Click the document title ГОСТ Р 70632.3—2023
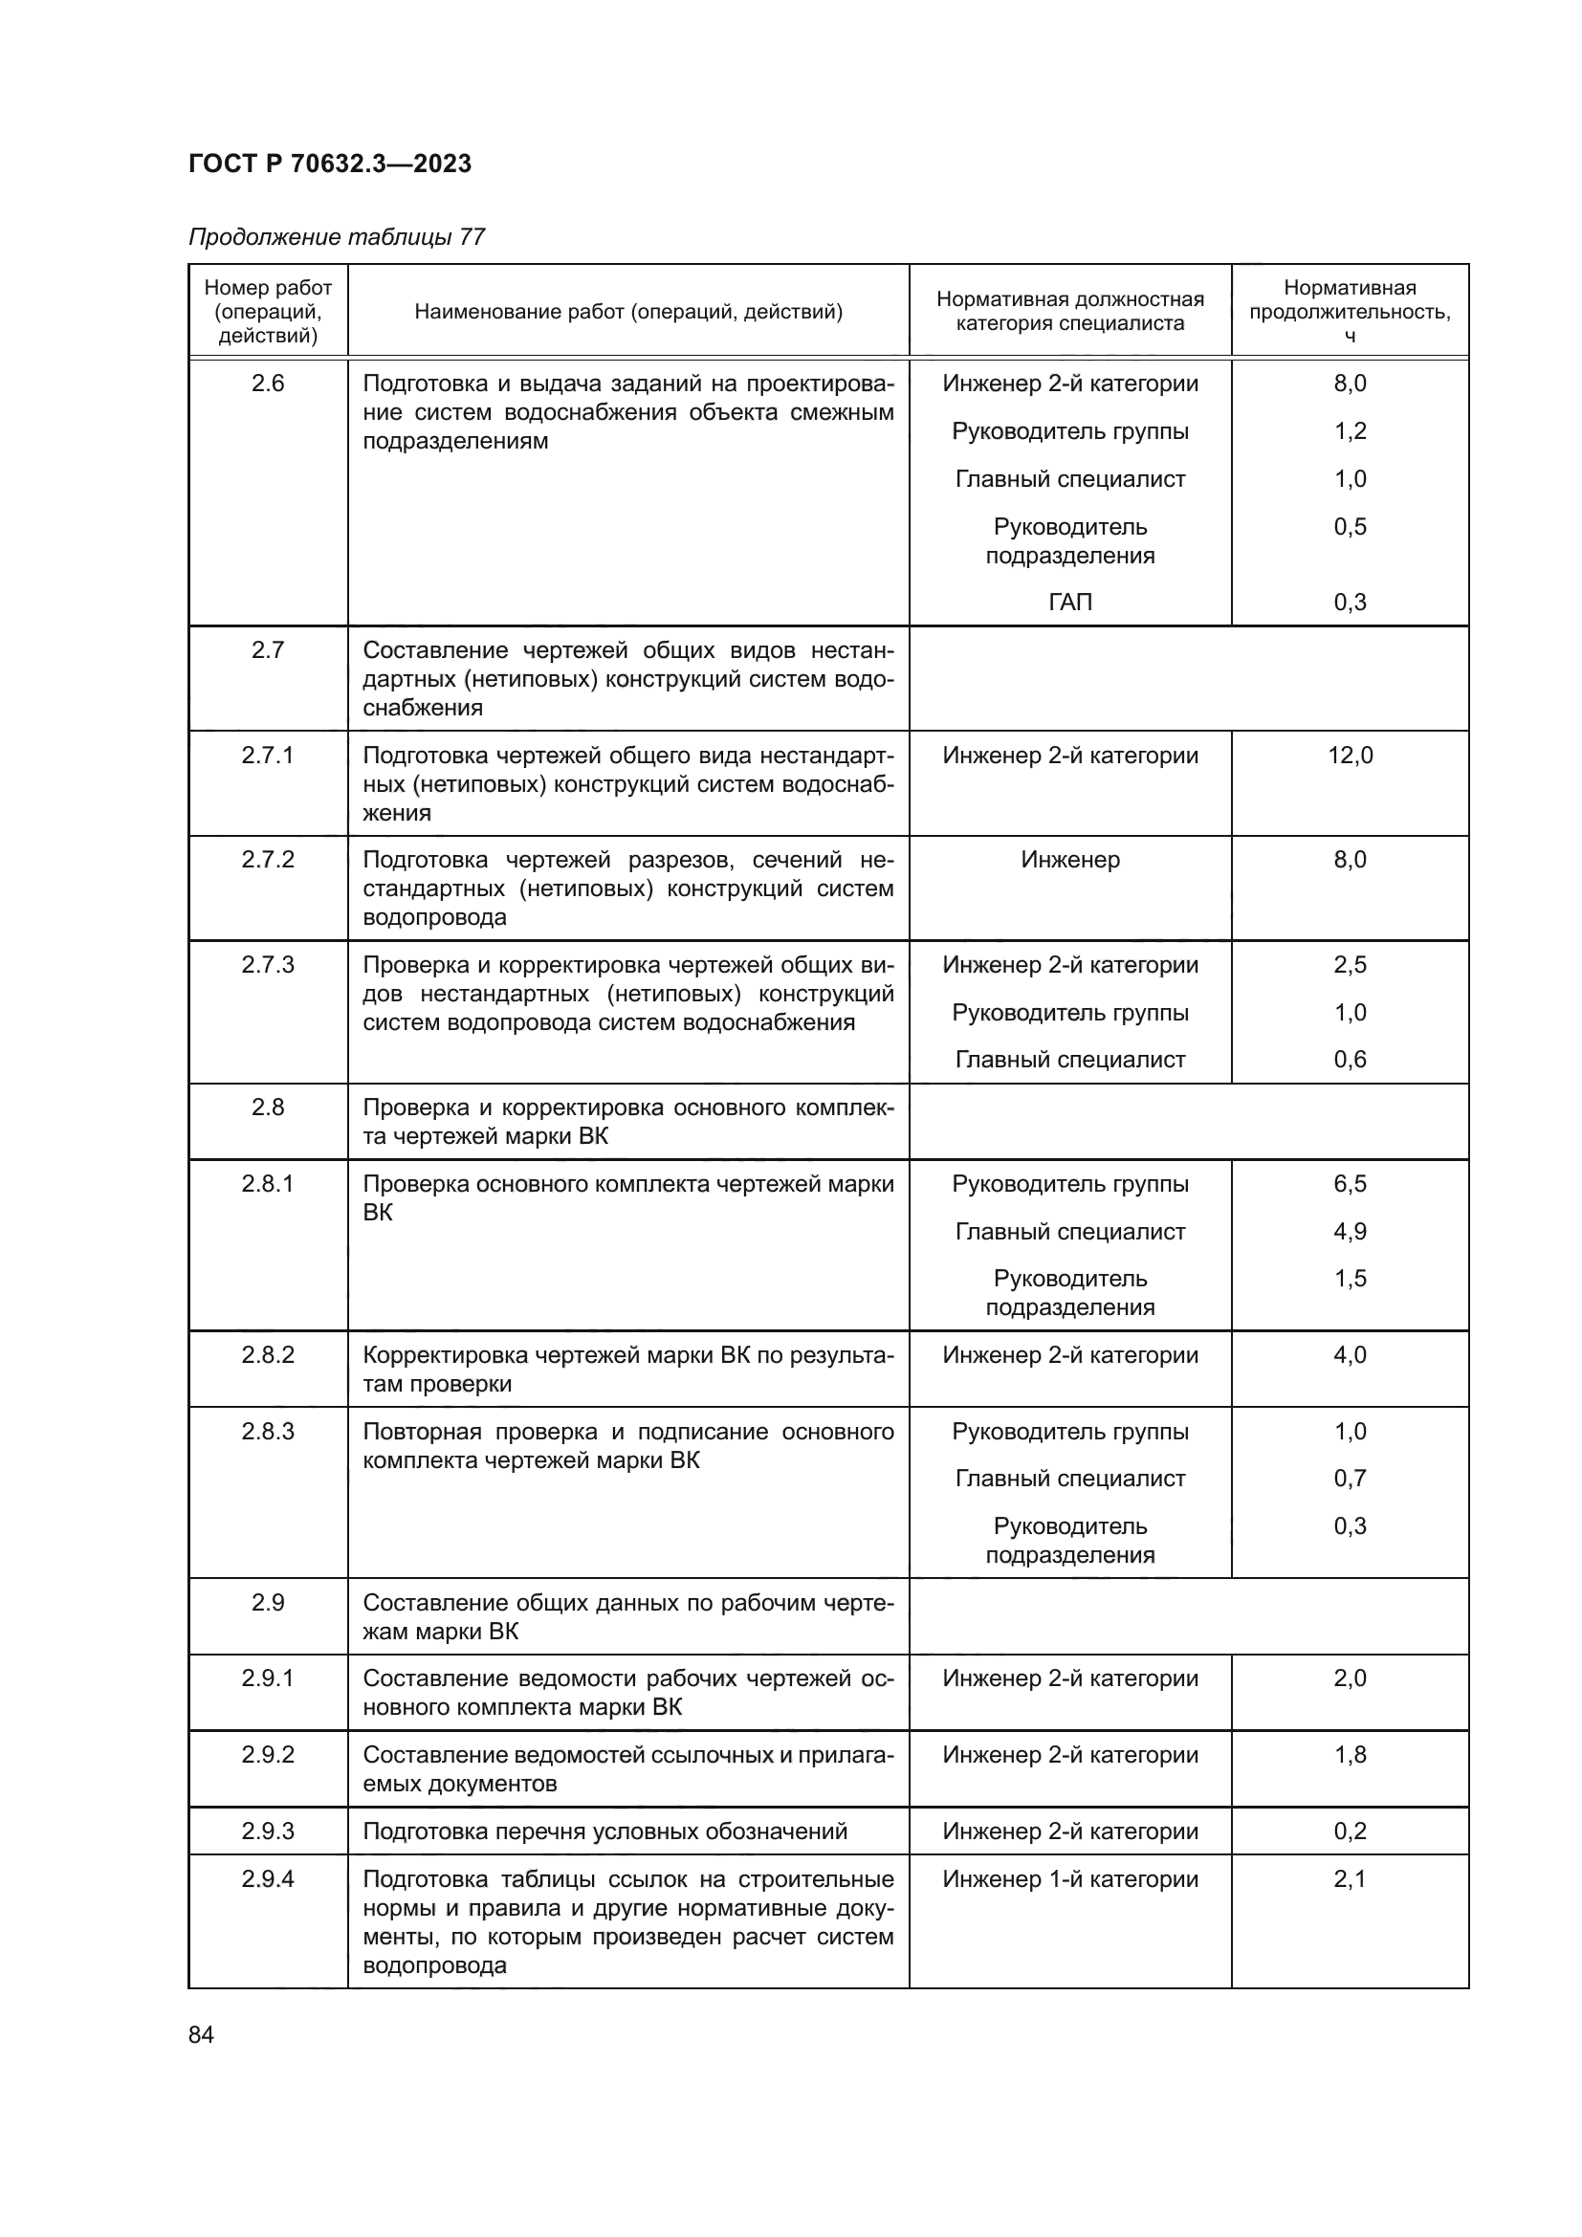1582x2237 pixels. (x=329, y=164)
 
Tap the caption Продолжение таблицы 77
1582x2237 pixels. (x=336, y=237)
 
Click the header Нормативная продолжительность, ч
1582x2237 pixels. (x=1350, y=311)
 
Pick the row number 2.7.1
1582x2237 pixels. (x=268, y=756)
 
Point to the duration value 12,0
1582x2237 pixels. (x=1351, y=756)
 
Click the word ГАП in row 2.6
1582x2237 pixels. (x=1069, y=603)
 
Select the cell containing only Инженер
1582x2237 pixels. (x=1069, y=860)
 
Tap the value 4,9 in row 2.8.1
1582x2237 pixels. (x=1351, y=1232)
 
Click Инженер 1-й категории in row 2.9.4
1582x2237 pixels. (x=1069, y=1879)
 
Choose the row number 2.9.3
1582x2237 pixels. (x=268, y=1831)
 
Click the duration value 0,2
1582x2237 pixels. (x=1351, y=1831)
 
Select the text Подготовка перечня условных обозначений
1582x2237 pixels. (x=604, y=1831)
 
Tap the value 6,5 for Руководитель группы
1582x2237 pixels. (x=1351, y=1184)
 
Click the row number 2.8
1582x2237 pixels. (x=268, y=1108)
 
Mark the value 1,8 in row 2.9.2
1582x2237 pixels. (x=1351, y=1755)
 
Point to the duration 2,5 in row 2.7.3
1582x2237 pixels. (x=1351, y=965)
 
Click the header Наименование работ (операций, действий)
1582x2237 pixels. (x=628, y=312)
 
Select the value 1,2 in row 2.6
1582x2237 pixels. (x=1351, y=430)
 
